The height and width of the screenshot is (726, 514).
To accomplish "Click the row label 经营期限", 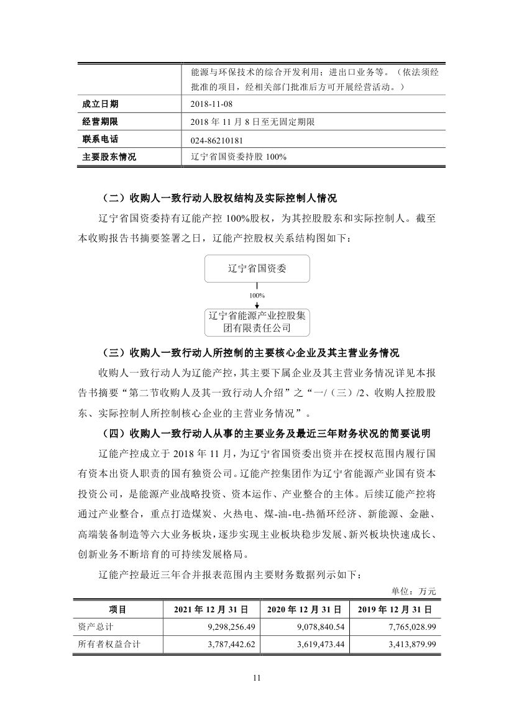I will pos(100,122).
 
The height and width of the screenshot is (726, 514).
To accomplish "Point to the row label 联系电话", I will pos(100,140).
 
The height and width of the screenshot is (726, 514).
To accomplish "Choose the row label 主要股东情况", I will pos(109,157).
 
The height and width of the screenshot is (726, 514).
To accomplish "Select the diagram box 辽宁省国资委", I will pos(257,270).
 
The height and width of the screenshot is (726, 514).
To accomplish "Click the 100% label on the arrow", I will pos(257,296).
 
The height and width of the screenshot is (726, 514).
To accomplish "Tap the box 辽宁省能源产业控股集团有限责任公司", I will pos(257,322).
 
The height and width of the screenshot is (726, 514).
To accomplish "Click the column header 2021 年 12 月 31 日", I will pos(211,610).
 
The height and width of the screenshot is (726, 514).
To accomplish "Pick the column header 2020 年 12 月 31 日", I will pos(305,610).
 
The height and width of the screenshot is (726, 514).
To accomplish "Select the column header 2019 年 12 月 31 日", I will pos(395,610).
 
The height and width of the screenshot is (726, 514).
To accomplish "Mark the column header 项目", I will pos(117,610).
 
